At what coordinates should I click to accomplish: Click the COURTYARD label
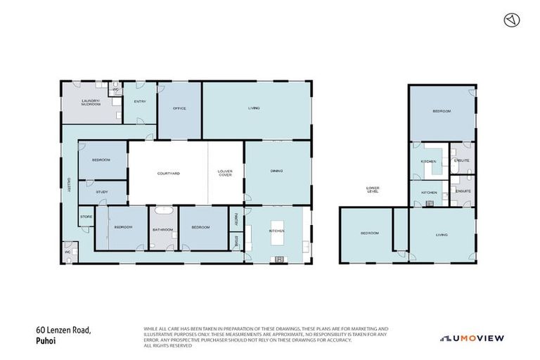pos(168,173)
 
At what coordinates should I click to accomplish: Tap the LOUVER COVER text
pos(226,173)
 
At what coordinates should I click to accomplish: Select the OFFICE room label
pos(179,108)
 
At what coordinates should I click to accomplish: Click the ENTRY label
pos(140,101)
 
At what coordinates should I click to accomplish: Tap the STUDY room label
pos(102,191)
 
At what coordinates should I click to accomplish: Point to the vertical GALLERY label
pos(70,184)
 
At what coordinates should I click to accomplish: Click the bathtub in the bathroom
pos(163,211)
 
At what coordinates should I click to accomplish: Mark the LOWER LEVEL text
pos(373,189)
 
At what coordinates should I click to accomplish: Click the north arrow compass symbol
pos(511,20)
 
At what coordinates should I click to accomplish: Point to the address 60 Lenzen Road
pos(63,329)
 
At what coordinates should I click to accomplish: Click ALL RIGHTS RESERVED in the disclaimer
pos(167,345)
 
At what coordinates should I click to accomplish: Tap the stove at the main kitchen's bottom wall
pos(280,259)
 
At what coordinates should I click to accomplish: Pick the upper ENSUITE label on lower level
pos(462,160)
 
